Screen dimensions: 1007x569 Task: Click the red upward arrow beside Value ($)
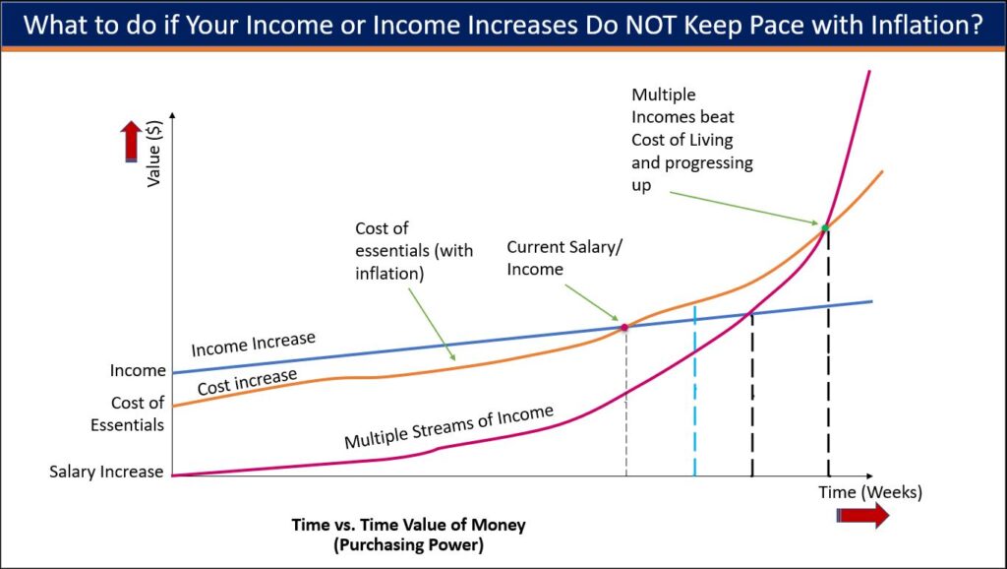[x=131, y=141]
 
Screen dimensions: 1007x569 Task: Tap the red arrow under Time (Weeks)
[x=862, y=515]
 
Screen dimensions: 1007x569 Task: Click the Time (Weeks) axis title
[x=870, y=492]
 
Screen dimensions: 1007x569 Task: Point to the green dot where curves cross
[x=825, y=227]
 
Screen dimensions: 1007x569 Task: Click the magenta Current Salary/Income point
[x=624, y=327]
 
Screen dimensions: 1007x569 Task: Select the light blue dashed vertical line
[x=694, y=391]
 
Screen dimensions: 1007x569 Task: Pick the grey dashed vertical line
[x=626, y=402]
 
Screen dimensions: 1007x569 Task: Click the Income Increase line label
[x=253, y=344]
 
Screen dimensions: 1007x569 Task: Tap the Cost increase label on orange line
[x=247, y=382]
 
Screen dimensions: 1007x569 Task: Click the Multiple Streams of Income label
[x=448, y=427]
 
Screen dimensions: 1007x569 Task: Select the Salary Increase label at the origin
[x=106, y=472]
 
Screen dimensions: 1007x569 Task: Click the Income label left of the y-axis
[x=138, y=371]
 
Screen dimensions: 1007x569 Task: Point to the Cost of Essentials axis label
[x=127, y=413]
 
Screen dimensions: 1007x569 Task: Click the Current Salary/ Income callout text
[x=564, y=258]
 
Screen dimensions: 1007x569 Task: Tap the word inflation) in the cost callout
[x=389, y=274]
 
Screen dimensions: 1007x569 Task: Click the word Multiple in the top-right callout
[x=664, y=95]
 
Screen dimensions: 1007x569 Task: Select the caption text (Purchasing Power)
[x=408, y=545]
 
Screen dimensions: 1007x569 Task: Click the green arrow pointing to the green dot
[x=743, y=208]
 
